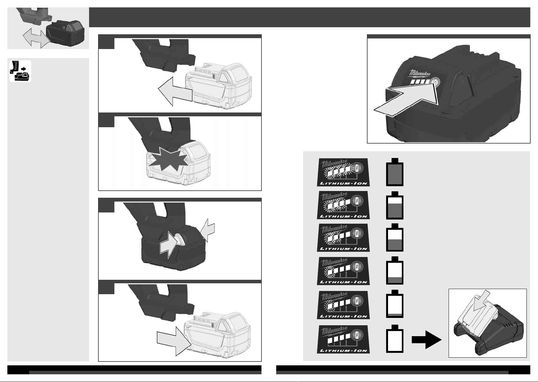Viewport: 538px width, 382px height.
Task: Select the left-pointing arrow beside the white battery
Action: pos(175,91)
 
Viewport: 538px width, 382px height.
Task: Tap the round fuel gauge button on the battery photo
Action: pos(435,82)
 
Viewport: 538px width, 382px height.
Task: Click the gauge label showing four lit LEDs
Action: pos(343,172)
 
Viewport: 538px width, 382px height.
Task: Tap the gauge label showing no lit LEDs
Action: pos(343,339)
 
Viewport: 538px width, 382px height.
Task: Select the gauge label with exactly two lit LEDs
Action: pos(343,238)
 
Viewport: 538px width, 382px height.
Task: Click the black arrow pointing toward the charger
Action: pos(426,339)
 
